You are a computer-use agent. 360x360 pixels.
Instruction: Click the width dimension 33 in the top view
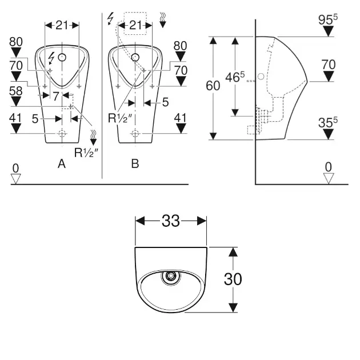pyautogui.click(x=170, y=221)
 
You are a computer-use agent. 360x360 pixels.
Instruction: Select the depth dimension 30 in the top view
pyautogui.click(x=232, y=279)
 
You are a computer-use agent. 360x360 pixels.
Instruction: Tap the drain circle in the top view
pyautogui.click(x=170, y=278)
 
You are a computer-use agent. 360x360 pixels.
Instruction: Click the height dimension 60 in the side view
pyautogui.click(x=213, y=86)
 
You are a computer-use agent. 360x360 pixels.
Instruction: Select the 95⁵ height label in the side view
pyautogui.click(x=328, y=18)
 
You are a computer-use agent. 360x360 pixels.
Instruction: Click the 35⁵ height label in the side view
pyautogui.click(x=327, y=121)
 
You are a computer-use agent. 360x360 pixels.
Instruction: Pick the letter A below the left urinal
pyautogui.click(x=62, y=164)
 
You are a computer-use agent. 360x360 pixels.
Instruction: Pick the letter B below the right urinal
pyautogui.click(x=135, y=164)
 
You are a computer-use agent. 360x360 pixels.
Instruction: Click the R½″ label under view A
pyautogui.click(x=85, y=152)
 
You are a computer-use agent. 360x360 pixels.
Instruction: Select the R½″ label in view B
pyautogui.click(x=121, y=118)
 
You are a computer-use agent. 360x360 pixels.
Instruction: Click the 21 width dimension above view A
pyautogui.click(x=62, y=25)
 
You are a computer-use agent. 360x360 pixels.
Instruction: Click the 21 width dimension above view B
pyautogui.click(x=135, y=25)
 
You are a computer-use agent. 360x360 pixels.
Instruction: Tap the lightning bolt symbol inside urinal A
pyautogui.click(x=51, y=57)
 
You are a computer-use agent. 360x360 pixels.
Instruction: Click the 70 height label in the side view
pyautogui.click(x=328, y=65)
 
